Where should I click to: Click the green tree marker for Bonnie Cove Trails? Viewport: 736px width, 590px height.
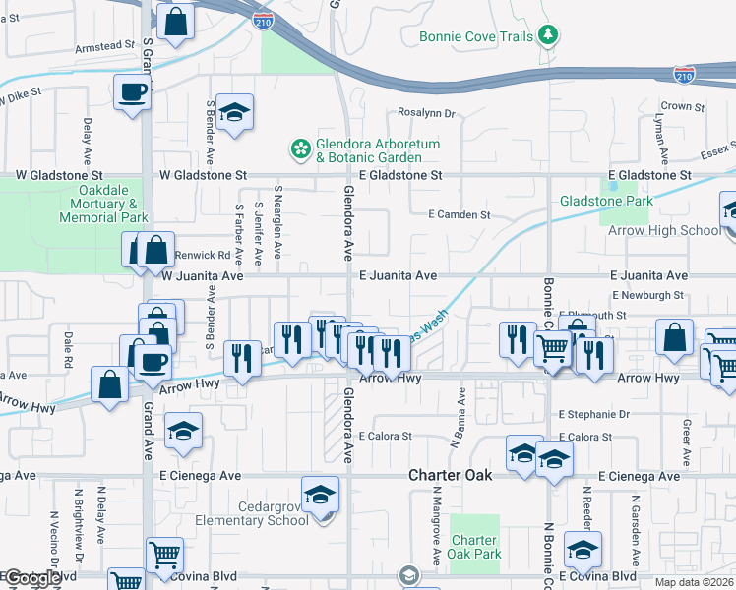click(x=548, y=36)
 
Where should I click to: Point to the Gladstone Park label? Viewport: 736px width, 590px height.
click(x=606, y=202)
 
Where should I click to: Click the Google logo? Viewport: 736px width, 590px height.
click(x=32, y=579)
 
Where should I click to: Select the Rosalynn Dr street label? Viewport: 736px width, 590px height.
click(x=425, y=113)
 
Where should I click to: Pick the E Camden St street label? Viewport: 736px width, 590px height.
click(x=459, y=214)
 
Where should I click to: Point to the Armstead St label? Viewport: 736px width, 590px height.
click(x=104, y=45)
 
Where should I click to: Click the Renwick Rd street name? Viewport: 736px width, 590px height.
click(x=202, y=256)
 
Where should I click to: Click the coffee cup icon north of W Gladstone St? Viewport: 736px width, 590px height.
click(x=132, y=94)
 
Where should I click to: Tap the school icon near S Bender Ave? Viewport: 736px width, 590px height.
click(x=235, y=113)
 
